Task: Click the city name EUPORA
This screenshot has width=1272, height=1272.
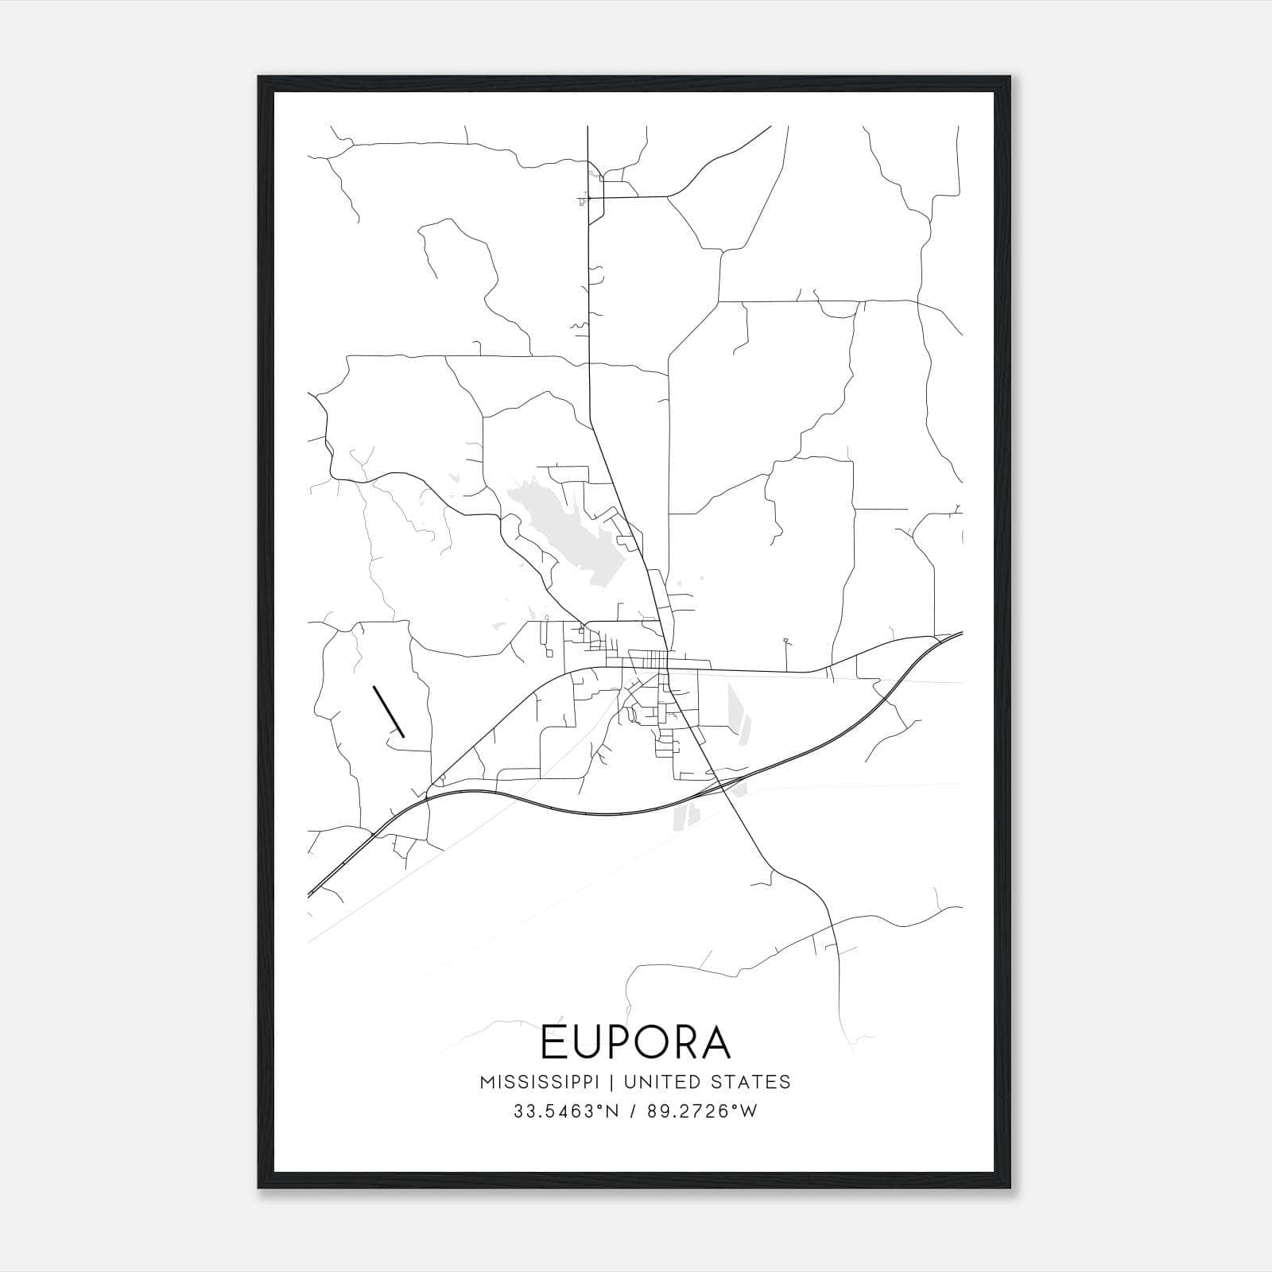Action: coord(635,1043)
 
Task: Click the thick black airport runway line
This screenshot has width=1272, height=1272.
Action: coord(389,712)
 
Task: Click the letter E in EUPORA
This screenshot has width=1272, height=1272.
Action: coord(553,1043)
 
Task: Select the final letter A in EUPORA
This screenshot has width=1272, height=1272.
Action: coord(716,1043)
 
